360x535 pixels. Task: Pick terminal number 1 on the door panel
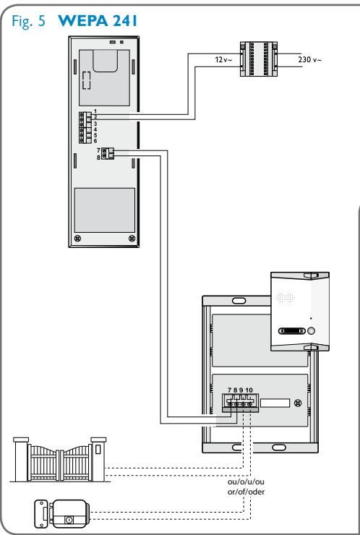pyautogui.click(x=95, y=109)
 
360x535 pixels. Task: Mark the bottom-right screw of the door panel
pyautogui.click(x=130, y=238)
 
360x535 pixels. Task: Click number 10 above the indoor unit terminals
pyautogui.click(x=249, y=390)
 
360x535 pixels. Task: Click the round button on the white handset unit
pyautogui.click(x=311, y=333)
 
